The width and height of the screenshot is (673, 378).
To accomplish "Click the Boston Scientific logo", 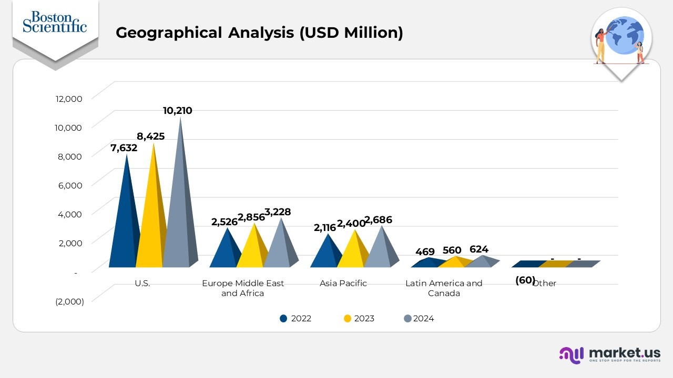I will [x=55, y=22].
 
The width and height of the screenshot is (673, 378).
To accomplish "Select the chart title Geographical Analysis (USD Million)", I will [x=259, y=33].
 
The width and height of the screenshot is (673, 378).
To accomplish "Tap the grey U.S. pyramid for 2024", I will [x=179, y=220].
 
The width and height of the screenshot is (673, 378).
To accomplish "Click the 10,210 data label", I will [x=177, y=111].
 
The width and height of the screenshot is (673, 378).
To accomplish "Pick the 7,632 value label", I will [x=124, y=148].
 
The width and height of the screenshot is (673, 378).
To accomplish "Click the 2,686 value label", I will [x=378, y=220].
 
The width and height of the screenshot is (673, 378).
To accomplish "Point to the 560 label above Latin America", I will [x=452, y=250].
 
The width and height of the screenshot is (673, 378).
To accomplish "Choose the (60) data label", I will [x=525, y=280].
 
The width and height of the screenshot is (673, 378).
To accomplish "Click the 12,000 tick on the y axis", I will [x=68, y=99].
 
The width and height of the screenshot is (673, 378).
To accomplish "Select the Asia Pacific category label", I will [x=343, y=283].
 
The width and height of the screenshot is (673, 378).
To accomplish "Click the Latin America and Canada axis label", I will [x=444, y=288].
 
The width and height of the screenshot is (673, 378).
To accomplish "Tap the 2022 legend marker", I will [x=284, y=318].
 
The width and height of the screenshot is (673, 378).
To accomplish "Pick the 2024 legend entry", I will [x=419, y=318].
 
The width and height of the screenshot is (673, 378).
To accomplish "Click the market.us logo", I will [x=610, y=354].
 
